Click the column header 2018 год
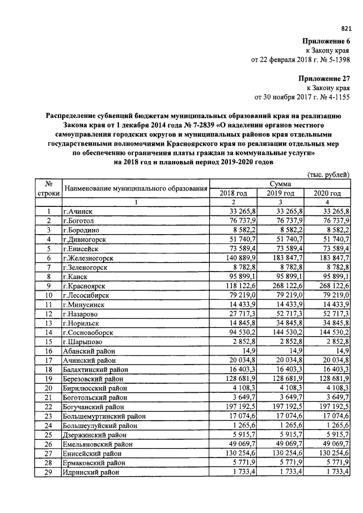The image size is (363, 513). tap(233, 193)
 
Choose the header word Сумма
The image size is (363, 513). tap(280, 184)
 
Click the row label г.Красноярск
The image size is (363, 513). tap(86, 286)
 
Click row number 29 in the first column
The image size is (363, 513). tap(49, 472)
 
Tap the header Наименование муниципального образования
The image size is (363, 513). tap(135, 188)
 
